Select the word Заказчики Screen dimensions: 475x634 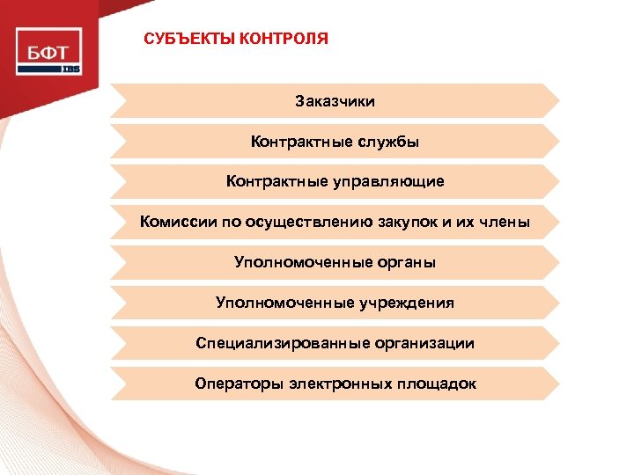pyautogui.click(x=335, y=101)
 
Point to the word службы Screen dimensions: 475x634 pyautogui.click(x=388, y=141)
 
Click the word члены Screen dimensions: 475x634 pyautogui.click(x=505, y=222)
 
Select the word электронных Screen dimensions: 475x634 pyautogui.click(x=345, y=384)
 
